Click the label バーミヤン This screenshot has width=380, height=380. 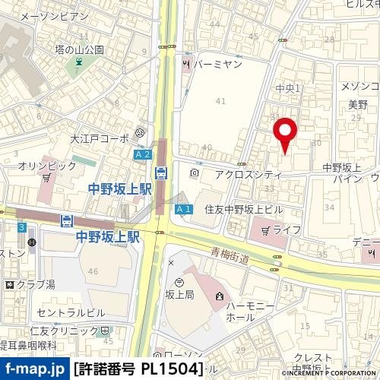coord(217,65)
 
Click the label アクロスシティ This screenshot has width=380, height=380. coord(248,174)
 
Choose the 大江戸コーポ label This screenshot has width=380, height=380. coord(100,139)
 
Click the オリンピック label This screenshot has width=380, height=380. coord(48,165)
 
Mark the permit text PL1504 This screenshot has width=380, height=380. coord(173,369)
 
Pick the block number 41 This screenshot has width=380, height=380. coord(221,100)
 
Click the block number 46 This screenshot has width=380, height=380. coord(93,271)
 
